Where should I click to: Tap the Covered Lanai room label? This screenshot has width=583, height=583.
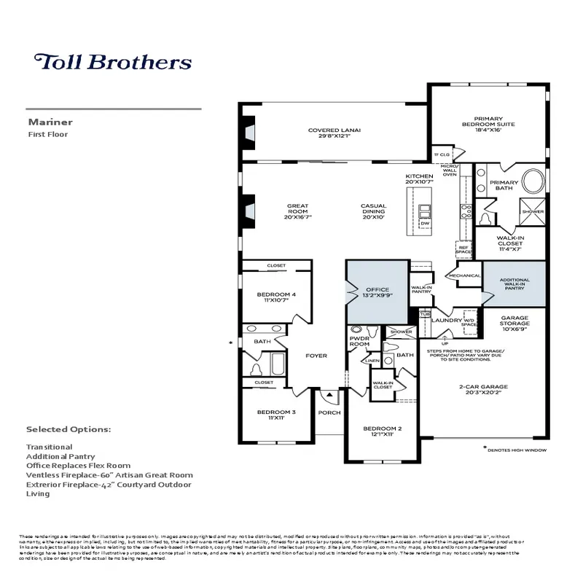[334, 134]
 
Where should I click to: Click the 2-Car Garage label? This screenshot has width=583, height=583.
[484, 389]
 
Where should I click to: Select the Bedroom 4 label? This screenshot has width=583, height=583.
[276, 297]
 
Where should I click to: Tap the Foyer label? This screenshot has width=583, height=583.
[316, 356]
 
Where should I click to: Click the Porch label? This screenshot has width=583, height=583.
[329, 412]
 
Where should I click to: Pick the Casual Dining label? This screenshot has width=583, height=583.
[373, 210]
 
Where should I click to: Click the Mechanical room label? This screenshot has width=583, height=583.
[464, 275]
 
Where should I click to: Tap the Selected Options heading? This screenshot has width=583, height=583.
[69, 429]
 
